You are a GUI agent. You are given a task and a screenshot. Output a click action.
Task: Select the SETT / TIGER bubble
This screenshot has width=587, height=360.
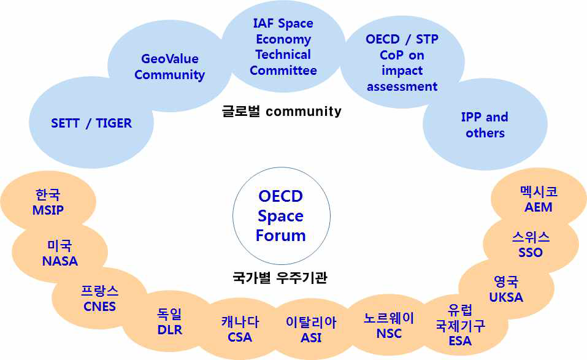91,124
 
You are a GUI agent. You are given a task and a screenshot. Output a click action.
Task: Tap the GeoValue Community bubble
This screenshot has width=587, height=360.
169,67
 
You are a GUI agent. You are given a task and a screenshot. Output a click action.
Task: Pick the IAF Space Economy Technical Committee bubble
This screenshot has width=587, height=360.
283,47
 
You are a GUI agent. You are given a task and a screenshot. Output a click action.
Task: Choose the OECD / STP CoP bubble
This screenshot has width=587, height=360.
402,63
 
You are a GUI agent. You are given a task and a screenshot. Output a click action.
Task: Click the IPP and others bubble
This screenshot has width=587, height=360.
485,125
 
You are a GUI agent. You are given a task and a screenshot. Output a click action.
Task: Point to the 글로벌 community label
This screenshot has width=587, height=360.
282,111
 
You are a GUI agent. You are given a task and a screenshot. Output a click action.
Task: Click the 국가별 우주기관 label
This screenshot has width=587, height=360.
280,277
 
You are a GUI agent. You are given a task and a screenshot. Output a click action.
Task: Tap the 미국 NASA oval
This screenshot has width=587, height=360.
60,253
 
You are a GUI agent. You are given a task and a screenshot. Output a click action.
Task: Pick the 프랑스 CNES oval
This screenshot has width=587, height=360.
99,298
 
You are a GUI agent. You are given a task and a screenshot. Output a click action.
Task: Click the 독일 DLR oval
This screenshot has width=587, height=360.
169,321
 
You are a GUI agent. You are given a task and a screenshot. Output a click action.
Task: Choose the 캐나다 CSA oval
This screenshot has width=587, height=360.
239,329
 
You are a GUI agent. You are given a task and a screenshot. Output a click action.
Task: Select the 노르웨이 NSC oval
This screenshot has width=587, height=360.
389,325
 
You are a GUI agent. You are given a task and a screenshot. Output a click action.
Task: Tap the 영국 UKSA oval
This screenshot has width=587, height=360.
506,289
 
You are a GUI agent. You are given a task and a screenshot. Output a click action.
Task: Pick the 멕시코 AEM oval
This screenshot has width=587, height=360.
538,199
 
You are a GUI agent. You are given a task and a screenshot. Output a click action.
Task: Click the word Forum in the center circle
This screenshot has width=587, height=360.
280,236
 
